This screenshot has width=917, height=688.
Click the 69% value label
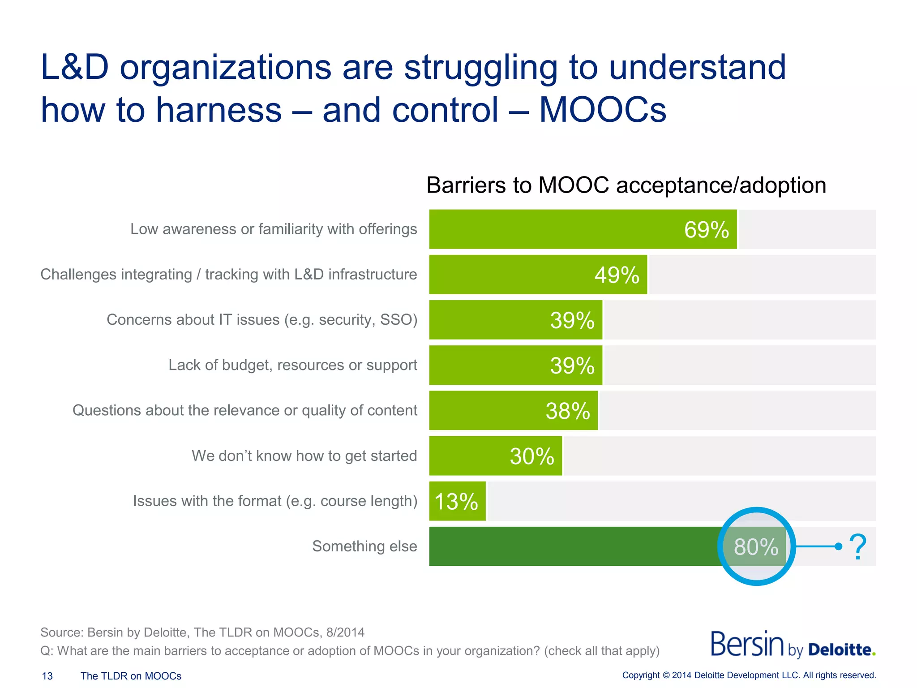(706, 230)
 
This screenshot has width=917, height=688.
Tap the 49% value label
(617, 275)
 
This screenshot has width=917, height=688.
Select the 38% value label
(567, 411)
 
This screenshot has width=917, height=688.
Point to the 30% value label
(531, 456)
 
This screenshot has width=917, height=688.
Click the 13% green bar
(457, 501)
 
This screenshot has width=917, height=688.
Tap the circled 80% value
(756, 546)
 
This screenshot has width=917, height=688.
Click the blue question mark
(857, 546)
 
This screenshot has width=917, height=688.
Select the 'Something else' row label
(364, 546)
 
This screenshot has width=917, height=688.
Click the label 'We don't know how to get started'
(304, 456)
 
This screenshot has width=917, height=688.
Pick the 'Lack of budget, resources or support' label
(292, 365)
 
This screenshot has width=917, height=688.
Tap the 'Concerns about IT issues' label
(261, 320)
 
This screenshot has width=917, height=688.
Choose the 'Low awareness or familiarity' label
(273, 229)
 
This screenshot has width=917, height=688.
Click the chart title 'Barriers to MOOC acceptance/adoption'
(626, 185)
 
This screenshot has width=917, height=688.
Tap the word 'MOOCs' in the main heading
(602, 110)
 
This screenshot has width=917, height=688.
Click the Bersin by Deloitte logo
(793, 645)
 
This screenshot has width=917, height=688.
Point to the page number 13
(47, 676)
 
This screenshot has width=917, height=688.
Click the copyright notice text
(749, 675)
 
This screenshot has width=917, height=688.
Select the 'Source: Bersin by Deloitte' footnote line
(202, 632)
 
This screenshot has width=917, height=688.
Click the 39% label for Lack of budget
(572, 365)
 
